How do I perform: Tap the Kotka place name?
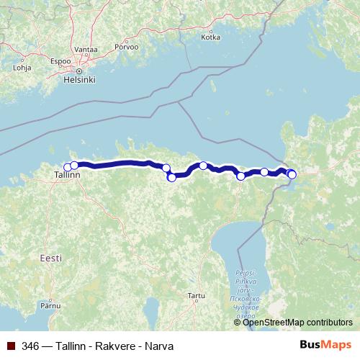pyautogui.click(x=211, y=37)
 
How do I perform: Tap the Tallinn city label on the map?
pyautogui.click(x=68, y=174)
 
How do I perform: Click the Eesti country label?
pyautogui.click(x=51, y=257)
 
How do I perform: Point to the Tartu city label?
pyautogui.click(x=196, y=295)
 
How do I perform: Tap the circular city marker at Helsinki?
pyautogui.click(x=81, y=71)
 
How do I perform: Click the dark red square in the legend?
pyautogui.click(x=11, y=346)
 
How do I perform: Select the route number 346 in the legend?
pyautogui.click(x=30, y=346)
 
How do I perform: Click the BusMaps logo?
pyautogui.click(x=325, y=345)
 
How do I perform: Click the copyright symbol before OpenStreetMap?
pyautogui.click(x=238, y=322)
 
